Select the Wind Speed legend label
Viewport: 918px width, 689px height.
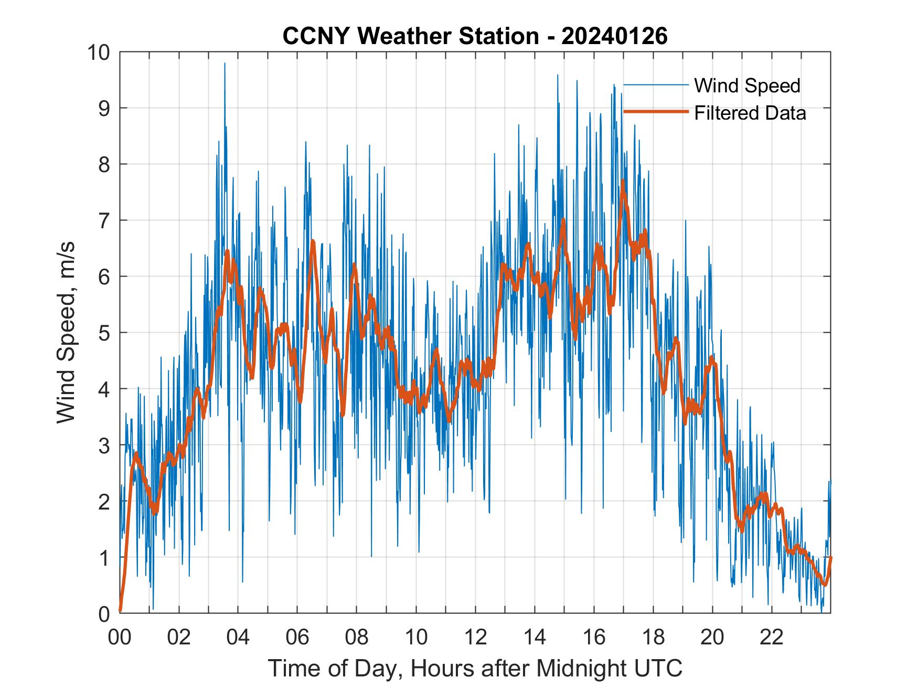coord(747,86)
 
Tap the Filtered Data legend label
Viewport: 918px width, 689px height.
coord(750,113)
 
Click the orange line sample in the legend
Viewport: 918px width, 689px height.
coord(656,112)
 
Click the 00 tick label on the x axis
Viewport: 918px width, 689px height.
coord(120,638)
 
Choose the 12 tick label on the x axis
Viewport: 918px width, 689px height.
coord(476,638)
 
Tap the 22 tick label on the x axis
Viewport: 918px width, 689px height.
coord(772,638)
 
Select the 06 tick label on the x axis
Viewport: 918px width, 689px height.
coord(297,638)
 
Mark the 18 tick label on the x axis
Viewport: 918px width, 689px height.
coord(654,638)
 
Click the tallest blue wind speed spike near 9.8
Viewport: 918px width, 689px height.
coord(225,64)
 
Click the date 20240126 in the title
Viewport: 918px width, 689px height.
coord(614,36)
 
